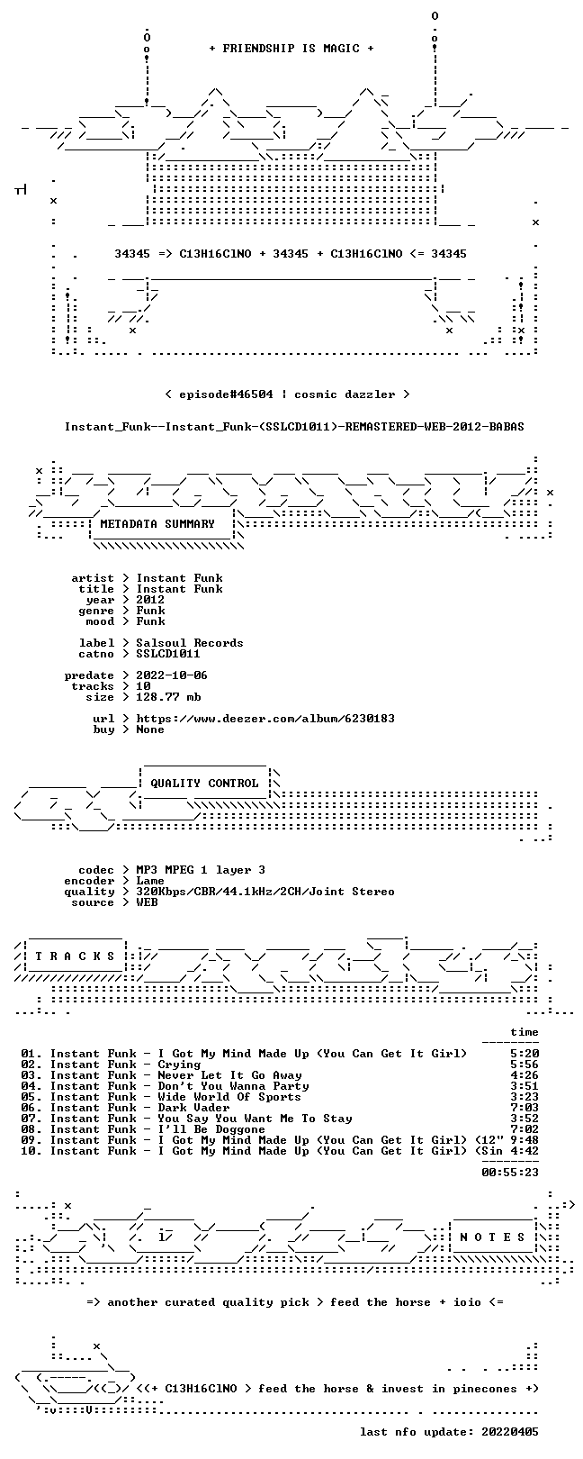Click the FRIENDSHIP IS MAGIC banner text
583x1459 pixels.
click(x=291, y=49)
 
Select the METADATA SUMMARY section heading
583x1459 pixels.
click(x=157, y=523)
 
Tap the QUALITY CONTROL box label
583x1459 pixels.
click(x=204, y=783)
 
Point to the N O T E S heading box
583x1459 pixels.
click(x=492, y=1237)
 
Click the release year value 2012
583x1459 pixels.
click(x=150, y=600)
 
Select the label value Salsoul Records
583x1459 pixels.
click(x=190, y=643)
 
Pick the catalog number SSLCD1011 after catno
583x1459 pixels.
click(x=168, y=653)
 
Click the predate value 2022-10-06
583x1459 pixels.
click(x=172, y=675)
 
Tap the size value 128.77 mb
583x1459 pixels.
click(x=168, y=697)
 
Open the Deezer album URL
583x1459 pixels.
click(x=265, y=719)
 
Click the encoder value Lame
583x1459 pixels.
click(x=150, y=881)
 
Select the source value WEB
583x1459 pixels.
click(x=147, y=902)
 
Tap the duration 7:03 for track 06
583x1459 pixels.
click(x=525, y=1107)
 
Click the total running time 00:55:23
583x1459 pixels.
click(x=510, y=1173)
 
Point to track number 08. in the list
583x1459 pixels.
click(x=31, y=1129)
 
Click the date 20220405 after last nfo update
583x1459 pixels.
click(x=510, y=1432)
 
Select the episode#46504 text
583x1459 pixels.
click(x=226, y=394)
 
